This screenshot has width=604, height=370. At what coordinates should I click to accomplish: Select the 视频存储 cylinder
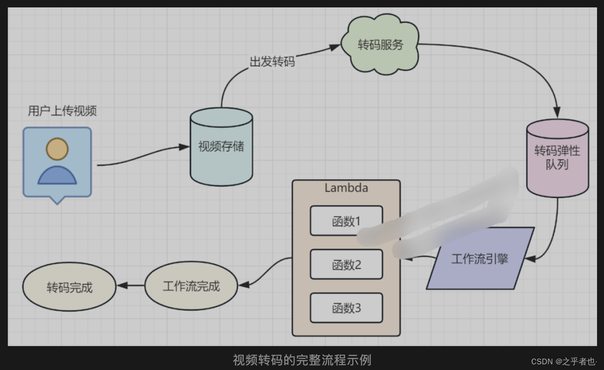tap(221, 146)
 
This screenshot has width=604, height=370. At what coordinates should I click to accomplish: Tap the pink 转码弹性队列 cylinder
tap(557, 158)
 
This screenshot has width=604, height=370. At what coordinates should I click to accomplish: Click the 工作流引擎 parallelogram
tap(480, 259)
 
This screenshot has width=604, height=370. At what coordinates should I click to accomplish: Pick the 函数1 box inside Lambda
tap(346, 221)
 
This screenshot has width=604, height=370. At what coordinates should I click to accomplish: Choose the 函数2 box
tap(346, 264)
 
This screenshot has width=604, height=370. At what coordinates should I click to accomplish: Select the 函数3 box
tap(346, 308)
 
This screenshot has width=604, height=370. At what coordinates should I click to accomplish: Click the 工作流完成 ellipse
tap(191, 286)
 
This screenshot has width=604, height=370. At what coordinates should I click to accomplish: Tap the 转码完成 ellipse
tap(69, 287)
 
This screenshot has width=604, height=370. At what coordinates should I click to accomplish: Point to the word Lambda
tap(346, 188)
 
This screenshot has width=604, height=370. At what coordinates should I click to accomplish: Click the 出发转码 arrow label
tap(272, 62)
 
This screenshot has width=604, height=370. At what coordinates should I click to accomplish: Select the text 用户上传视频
tap(62, 111)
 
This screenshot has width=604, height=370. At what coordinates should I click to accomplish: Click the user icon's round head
tap(57, 149)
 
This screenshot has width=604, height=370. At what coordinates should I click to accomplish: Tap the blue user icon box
tap(57, 162)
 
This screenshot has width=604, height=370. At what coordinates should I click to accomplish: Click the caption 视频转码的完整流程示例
tap(302, 360)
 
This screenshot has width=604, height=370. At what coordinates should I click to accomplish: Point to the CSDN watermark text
tap(564, 361)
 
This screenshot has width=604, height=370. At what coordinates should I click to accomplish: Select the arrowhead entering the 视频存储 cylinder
tap(185, 147)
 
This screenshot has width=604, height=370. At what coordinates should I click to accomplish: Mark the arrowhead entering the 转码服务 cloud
tap(336, 45)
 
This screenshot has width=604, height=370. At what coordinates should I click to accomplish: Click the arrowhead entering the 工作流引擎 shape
tap(530, 259)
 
